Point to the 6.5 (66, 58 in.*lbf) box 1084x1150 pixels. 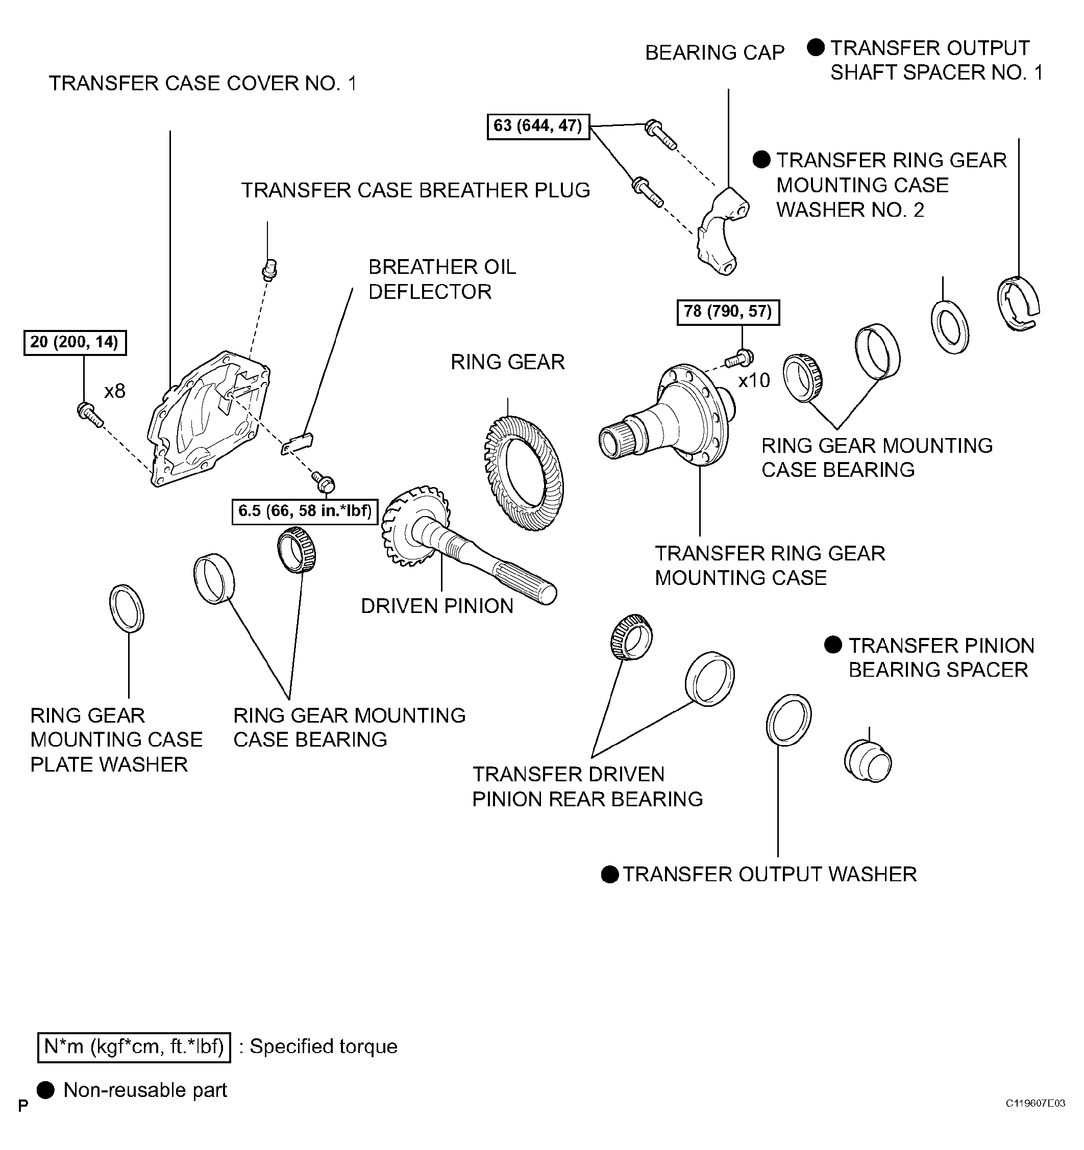point(304,511)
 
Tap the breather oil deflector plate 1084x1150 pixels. point(297,443)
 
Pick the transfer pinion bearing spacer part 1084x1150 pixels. point(867,761)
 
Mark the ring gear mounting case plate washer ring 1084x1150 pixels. point(127,608)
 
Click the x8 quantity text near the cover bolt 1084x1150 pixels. point(115,392)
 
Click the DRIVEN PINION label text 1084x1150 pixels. point(437,606)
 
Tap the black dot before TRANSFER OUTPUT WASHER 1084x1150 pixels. point(609,874)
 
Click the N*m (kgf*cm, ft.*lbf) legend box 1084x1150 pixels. point(134,1046)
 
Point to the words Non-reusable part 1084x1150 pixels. point(145,1090)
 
